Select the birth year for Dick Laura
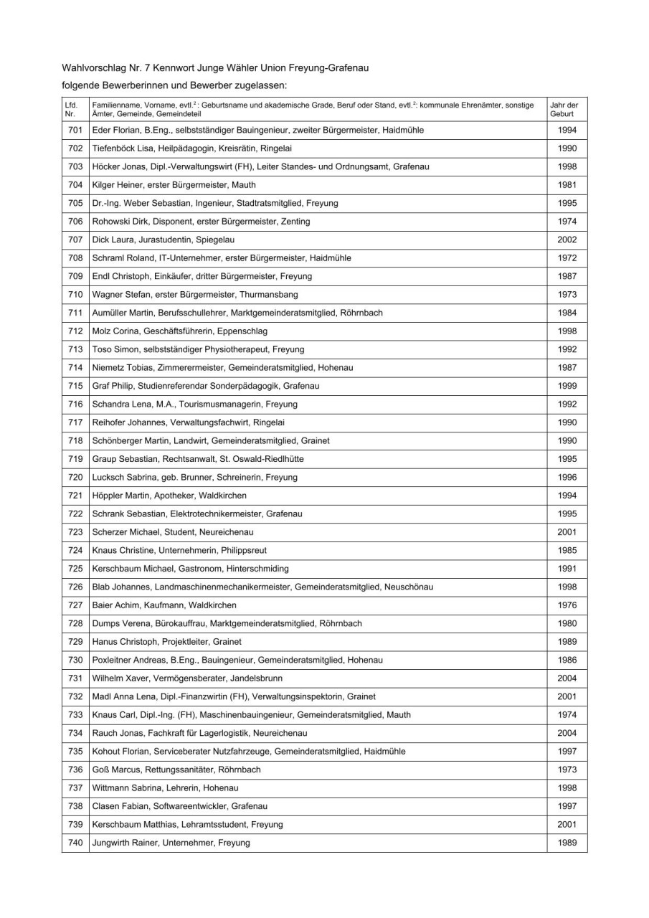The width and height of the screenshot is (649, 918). click(567, 240)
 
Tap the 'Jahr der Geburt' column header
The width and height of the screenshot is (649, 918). click(564, 110)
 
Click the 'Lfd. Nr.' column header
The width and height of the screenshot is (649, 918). click(70, 110)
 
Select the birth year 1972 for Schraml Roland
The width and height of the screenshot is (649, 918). click(567, 257)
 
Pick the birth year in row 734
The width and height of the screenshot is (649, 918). click(567, 733)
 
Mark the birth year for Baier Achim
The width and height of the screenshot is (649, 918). click(567, 605)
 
